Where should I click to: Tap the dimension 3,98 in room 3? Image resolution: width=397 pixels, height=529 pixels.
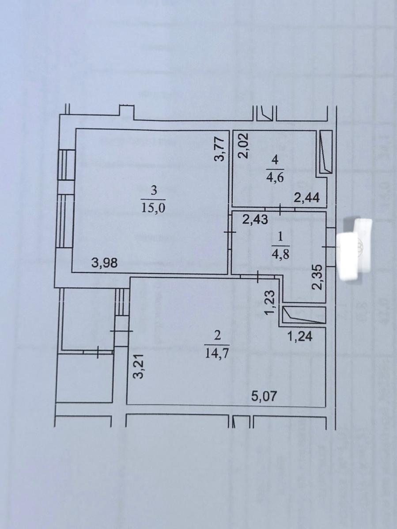[x=104, y=263]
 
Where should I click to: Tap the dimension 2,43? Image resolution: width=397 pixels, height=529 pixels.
[x=255, y=220]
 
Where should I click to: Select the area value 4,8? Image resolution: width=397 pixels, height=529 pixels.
[x=280, y=254]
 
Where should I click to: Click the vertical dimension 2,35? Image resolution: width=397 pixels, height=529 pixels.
[x=317, y=277]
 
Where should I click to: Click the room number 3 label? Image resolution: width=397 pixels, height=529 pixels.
[x=153, y=190]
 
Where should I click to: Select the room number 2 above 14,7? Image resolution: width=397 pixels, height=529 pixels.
[x=216, y=335]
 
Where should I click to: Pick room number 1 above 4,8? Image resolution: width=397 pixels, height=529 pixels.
[x=280, y=238]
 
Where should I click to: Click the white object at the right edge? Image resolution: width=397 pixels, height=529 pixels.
[x=356, y=249]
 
